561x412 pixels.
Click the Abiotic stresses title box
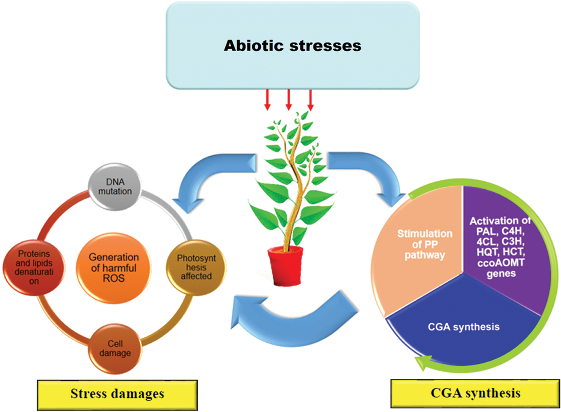[292, 46]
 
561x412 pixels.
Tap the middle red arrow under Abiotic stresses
[288, 100]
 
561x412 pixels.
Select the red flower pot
[285, 265]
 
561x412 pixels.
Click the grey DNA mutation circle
[115, 186]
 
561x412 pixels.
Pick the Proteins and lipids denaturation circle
[34, 267]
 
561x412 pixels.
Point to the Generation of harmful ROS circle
[114, 268]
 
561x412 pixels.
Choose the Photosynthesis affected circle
[196, 267]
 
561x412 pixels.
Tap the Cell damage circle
[115, 349]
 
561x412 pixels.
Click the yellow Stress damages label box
[117, 394]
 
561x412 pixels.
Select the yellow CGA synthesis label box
[475, 393]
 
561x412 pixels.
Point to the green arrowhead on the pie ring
[423, 362]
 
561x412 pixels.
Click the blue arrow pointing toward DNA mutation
[209, 176]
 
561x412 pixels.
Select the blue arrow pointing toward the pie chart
[370, 172]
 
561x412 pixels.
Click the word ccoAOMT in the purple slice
[501, 263]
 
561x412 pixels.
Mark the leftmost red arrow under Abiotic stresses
[267, 100]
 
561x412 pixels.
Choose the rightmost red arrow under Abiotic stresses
[310, 100]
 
